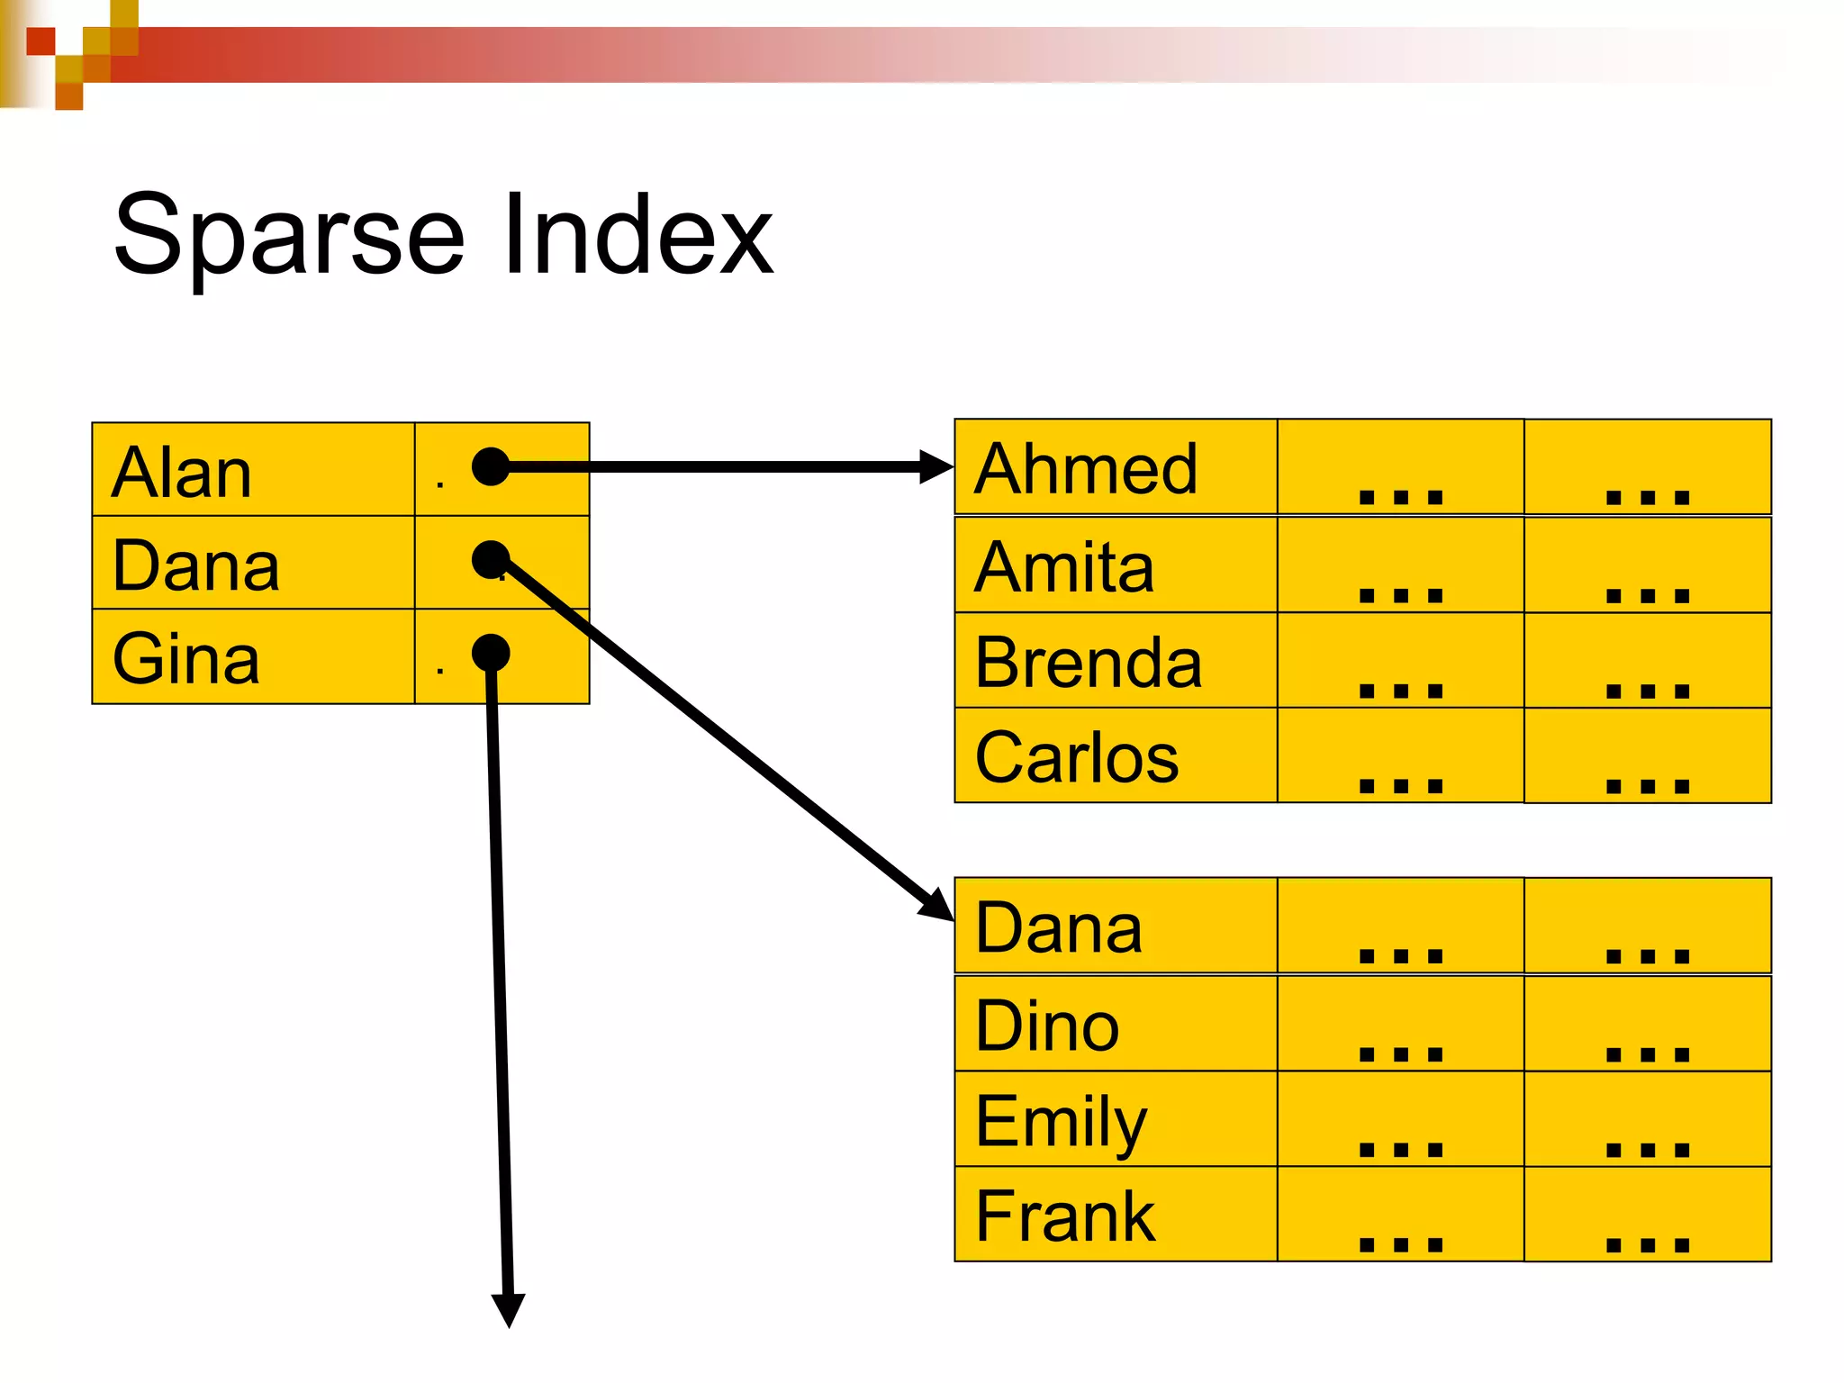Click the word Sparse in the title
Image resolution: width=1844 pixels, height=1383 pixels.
pyautogui.click(x=288, y=236)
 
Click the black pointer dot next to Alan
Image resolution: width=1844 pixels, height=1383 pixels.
pyautogui.click(x=491, y=466)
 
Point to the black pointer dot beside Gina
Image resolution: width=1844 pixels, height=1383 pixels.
pyautogui.click(x=491, y=653)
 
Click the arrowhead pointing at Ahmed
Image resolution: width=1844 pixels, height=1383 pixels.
pyautogui.click(x=936, y=466)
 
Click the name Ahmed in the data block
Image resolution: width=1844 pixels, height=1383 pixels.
pyautogui.click(x=1085, y=469)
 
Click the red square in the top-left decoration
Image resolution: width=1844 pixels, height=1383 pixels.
pyautogui.click(x=41, y=41)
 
